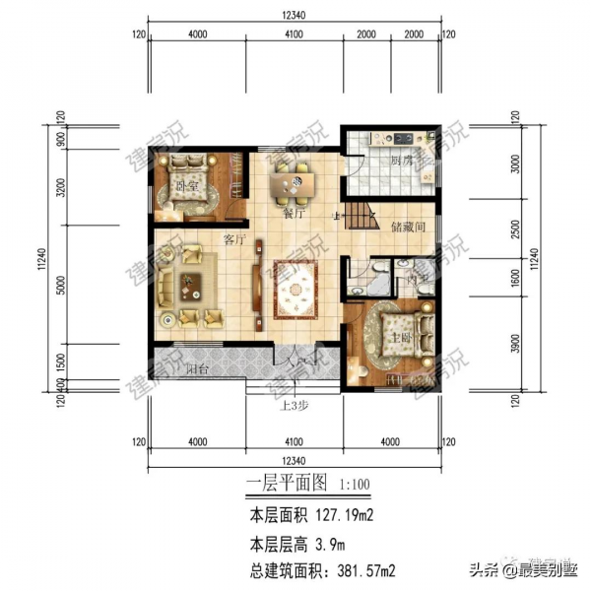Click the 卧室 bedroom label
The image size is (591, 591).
click(183, 185)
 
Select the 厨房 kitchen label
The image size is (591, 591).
click(401, 161)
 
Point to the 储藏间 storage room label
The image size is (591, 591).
click(406, 227)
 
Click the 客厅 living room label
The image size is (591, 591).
click(233, 237)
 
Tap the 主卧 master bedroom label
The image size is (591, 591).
click(402, 337)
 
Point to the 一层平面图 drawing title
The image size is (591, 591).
click(287, 485)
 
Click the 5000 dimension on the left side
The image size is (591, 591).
click(60, 292)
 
